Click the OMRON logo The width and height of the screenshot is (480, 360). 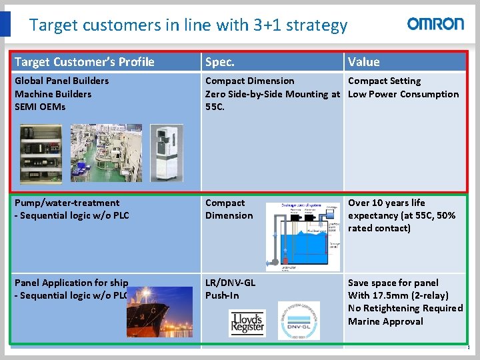435,24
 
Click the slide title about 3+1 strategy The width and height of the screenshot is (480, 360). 189,25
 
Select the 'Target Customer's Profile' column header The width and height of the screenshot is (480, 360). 85,62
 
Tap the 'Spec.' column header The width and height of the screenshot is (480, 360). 220,62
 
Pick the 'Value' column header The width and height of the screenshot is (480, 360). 364,62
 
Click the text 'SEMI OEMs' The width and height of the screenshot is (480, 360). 40,107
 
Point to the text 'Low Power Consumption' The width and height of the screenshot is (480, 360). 403,94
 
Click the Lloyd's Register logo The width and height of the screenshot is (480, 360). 247,323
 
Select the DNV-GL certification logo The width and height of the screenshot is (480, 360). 298,321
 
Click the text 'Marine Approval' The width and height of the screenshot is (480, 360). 385,321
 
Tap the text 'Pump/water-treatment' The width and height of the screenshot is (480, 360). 67,203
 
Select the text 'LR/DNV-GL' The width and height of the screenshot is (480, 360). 231,283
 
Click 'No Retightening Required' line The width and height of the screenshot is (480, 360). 405,308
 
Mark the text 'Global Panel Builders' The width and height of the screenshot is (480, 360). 62,81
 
